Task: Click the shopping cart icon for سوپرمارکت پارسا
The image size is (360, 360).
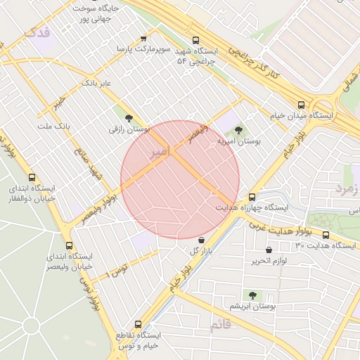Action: click(143, 39)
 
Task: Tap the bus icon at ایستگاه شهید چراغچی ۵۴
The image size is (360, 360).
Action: click(195, 41)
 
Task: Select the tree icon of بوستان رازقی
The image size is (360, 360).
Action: click(129, 118)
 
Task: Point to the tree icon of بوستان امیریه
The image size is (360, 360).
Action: click(238, 130)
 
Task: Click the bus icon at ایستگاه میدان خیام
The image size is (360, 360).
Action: click(301, 103)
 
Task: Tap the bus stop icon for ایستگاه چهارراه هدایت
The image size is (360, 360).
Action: click(252, 197)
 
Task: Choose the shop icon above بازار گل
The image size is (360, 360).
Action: click(201, 240)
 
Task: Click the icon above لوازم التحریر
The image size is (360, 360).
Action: click(269, 250)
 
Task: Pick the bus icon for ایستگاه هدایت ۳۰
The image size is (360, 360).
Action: click(326, 235)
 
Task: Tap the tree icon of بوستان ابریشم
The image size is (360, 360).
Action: click(252, 295)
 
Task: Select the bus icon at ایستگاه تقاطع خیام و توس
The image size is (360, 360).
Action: click(138, 325)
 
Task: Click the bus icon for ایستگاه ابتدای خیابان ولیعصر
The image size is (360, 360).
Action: click(69, 246)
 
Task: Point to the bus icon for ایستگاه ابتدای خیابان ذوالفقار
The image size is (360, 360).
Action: click(32, 178)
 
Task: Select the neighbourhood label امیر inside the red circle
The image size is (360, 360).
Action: click(160, 150)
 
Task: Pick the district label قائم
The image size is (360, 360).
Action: click(219, 325)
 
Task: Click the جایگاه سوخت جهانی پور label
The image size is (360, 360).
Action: click(97, 13)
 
